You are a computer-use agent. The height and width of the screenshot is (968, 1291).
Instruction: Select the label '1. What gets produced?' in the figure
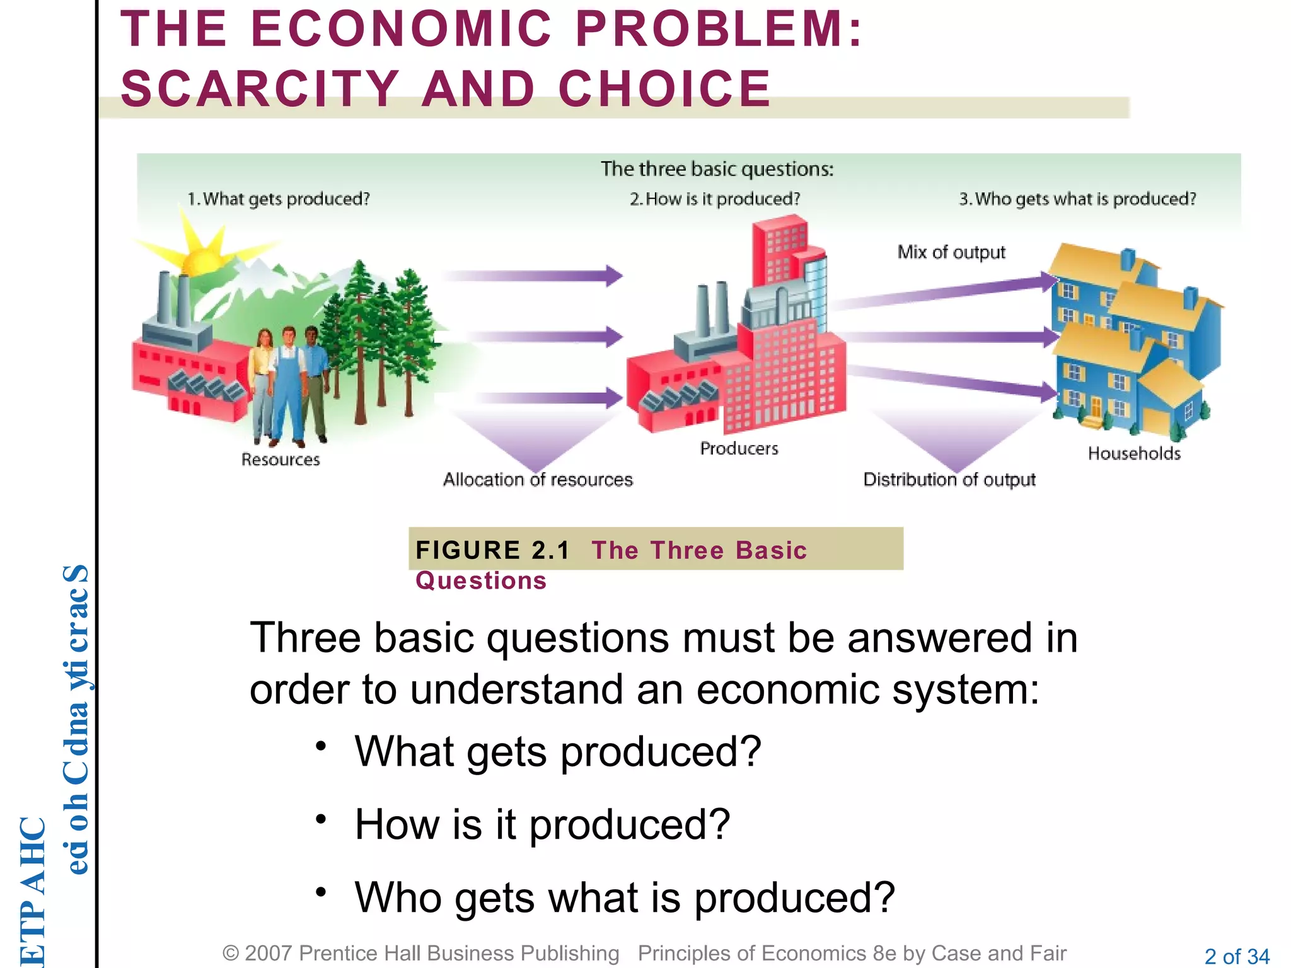click(279, 199)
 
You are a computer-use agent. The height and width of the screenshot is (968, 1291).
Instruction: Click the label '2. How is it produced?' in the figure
click(715, 199)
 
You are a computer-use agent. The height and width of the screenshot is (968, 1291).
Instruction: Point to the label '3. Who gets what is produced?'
click(1077, 199)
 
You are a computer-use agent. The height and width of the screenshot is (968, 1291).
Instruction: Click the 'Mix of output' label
click(951, 252)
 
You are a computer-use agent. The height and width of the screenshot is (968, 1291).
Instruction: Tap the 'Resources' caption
click(281, 459)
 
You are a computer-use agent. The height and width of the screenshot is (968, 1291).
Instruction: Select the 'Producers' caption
click(739, 449)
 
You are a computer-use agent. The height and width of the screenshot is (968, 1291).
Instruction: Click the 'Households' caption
click(1134, 453)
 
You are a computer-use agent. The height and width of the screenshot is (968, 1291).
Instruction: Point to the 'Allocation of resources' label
click(538, 480)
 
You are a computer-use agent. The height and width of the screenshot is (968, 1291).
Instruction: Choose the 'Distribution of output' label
click(949, 480)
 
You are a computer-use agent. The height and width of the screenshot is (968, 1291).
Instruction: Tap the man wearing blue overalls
click(288, 384)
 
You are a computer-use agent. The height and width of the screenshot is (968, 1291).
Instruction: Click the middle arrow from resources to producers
click(542, 337)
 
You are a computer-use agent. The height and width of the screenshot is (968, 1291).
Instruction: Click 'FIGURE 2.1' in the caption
click(492, 550)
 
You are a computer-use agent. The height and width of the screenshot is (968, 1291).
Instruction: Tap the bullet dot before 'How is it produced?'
click(321, 819)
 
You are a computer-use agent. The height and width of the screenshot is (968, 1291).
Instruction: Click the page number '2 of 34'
click(1237, 956)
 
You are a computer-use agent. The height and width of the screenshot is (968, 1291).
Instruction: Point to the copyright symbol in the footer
click(231, 954)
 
